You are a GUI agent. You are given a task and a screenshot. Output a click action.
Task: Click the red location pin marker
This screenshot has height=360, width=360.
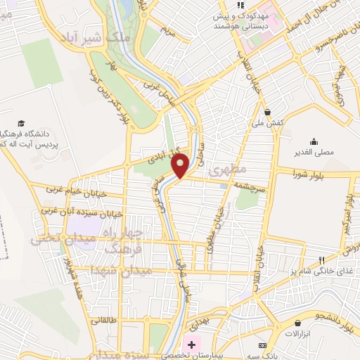[181, 166]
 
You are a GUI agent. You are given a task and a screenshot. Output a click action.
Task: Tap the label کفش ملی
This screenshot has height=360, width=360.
[269, 122]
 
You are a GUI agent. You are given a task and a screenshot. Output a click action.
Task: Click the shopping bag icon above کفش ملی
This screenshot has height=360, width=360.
[268, 111]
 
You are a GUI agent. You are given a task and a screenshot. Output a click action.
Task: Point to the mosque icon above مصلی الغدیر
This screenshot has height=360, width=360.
[314, 141]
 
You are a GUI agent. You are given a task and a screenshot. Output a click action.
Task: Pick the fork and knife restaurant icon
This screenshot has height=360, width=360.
[323, 260]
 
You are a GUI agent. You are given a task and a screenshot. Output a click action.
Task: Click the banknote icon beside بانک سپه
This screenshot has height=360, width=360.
[262, 345]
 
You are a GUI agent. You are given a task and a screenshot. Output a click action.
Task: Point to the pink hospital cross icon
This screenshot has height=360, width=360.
[189, 345]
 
